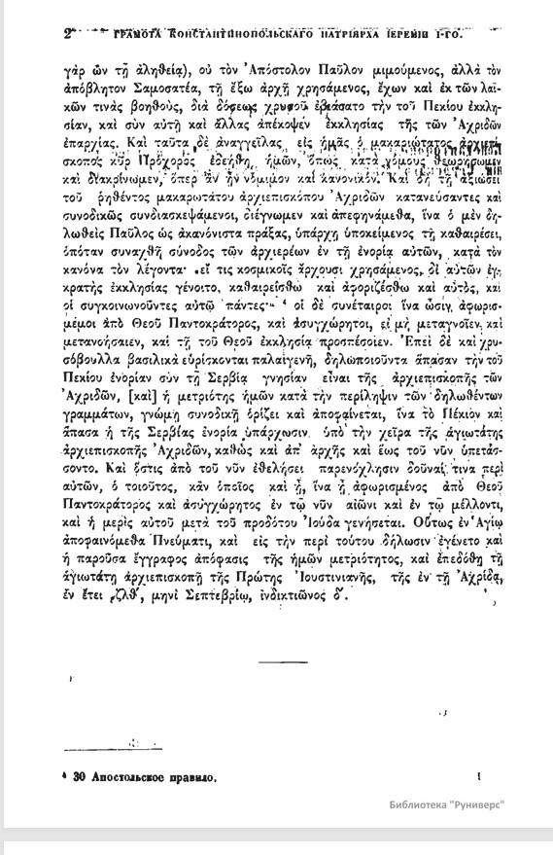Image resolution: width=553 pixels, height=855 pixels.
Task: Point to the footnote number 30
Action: click(x=83, y=778)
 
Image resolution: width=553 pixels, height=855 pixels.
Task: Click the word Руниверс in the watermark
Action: click(x=504, y=811)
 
